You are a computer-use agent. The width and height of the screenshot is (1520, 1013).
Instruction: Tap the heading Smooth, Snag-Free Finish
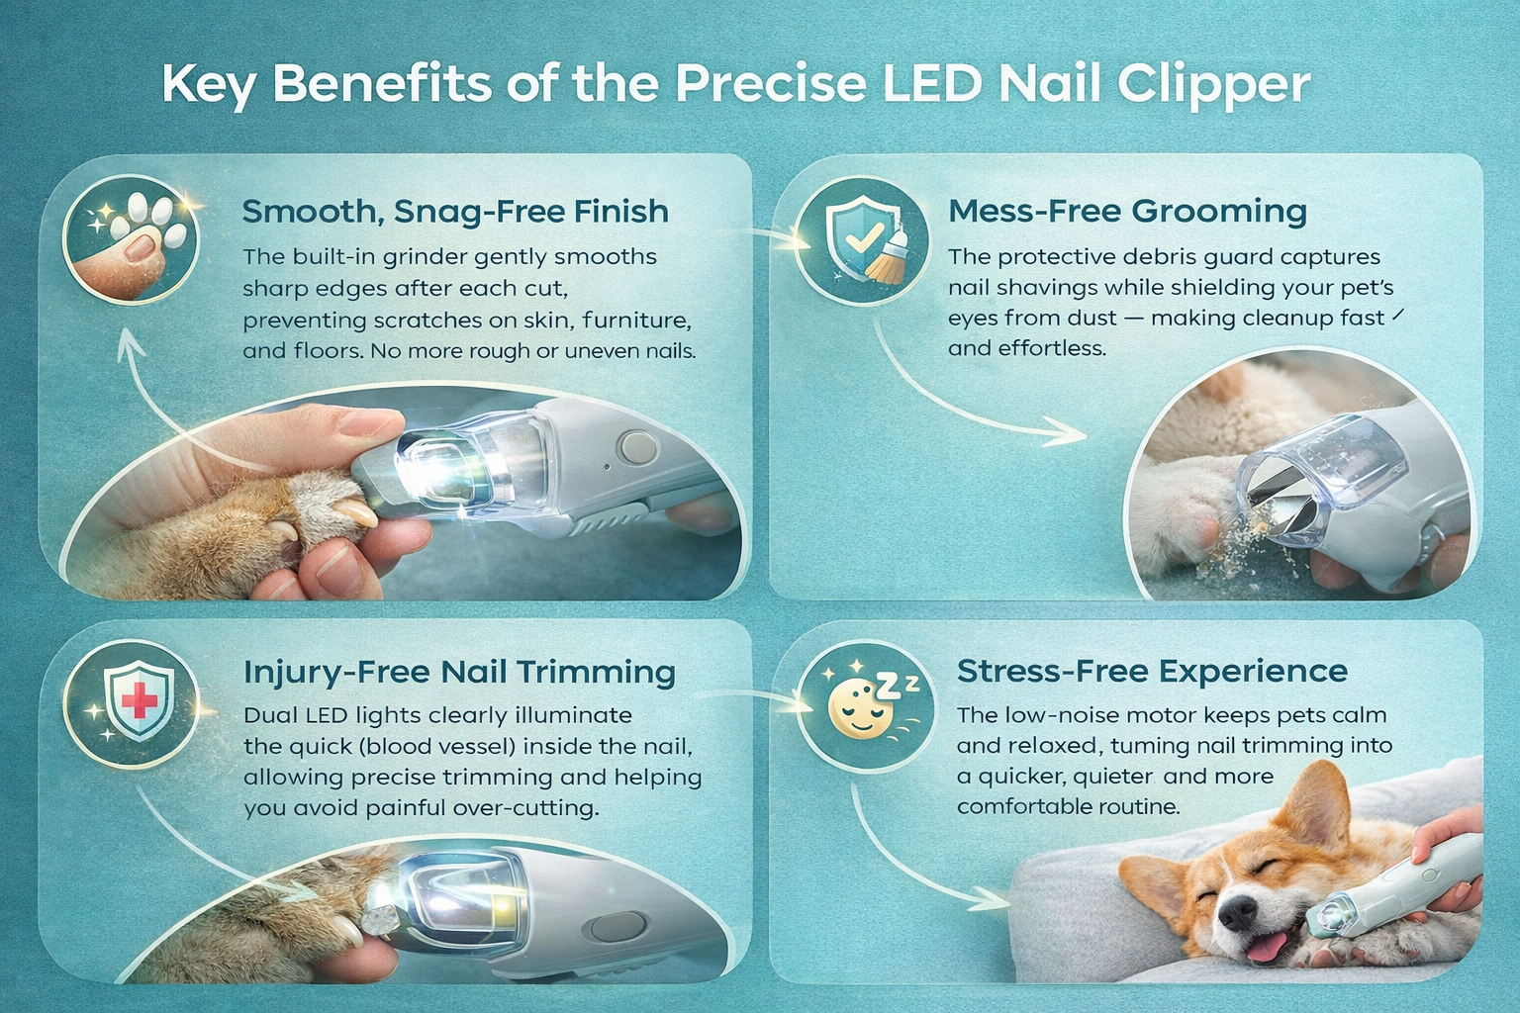click(x=455, y=211)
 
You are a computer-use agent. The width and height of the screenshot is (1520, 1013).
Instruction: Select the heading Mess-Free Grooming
click(x=1127, y=211)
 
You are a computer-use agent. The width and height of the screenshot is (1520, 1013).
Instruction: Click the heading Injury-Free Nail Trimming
click(x=459, y=672)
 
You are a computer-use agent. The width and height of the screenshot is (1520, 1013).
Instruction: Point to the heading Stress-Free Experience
click(x=1152, y=671)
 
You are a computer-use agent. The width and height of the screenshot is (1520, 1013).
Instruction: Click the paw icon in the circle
click(x=131, y=239)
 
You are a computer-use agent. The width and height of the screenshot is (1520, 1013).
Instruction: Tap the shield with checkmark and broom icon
click(x=864, y=242)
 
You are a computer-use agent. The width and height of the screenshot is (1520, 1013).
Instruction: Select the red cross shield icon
click(x=138, y=700)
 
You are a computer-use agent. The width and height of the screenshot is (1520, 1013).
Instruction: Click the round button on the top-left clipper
click(x=634, y=446)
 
